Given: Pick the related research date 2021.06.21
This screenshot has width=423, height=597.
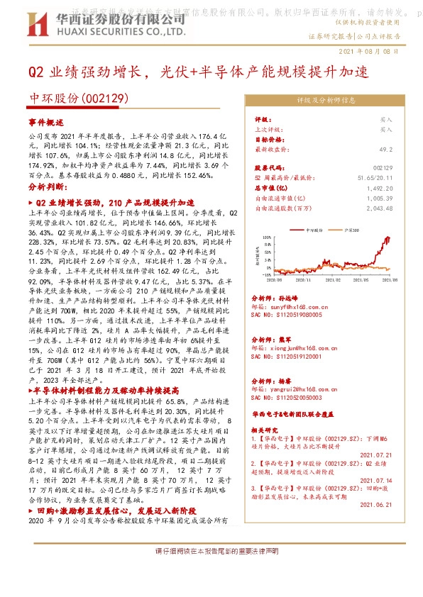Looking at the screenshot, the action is point(375,504).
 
